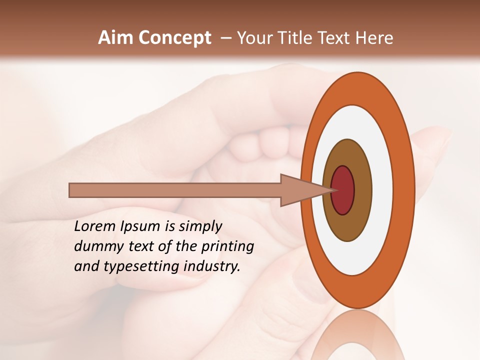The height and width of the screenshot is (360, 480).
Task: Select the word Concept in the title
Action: coord(175,38)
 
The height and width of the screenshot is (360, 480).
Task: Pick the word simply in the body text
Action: coord(200,227)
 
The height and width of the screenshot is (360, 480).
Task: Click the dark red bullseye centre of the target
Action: coord(343,190)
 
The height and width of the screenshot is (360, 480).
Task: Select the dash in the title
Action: coord(225,38)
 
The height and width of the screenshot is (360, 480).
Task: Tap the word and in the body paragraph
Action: coord(86,266)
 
